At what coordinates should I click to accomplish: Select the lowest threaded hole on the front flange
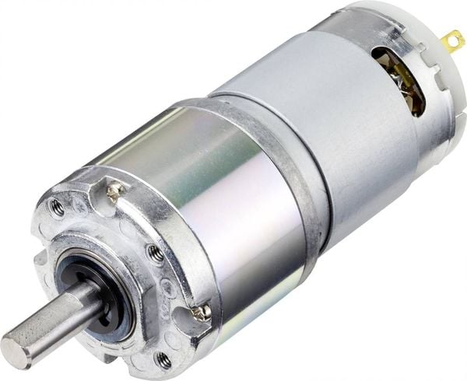[163, 358]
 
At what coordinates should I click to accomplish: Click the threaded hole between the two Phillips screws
[155, 251]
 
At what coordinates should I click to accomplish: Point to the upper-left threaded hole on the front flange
[57, 206]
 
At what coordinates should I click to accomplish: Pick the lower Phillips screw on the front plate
[202, 312]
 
